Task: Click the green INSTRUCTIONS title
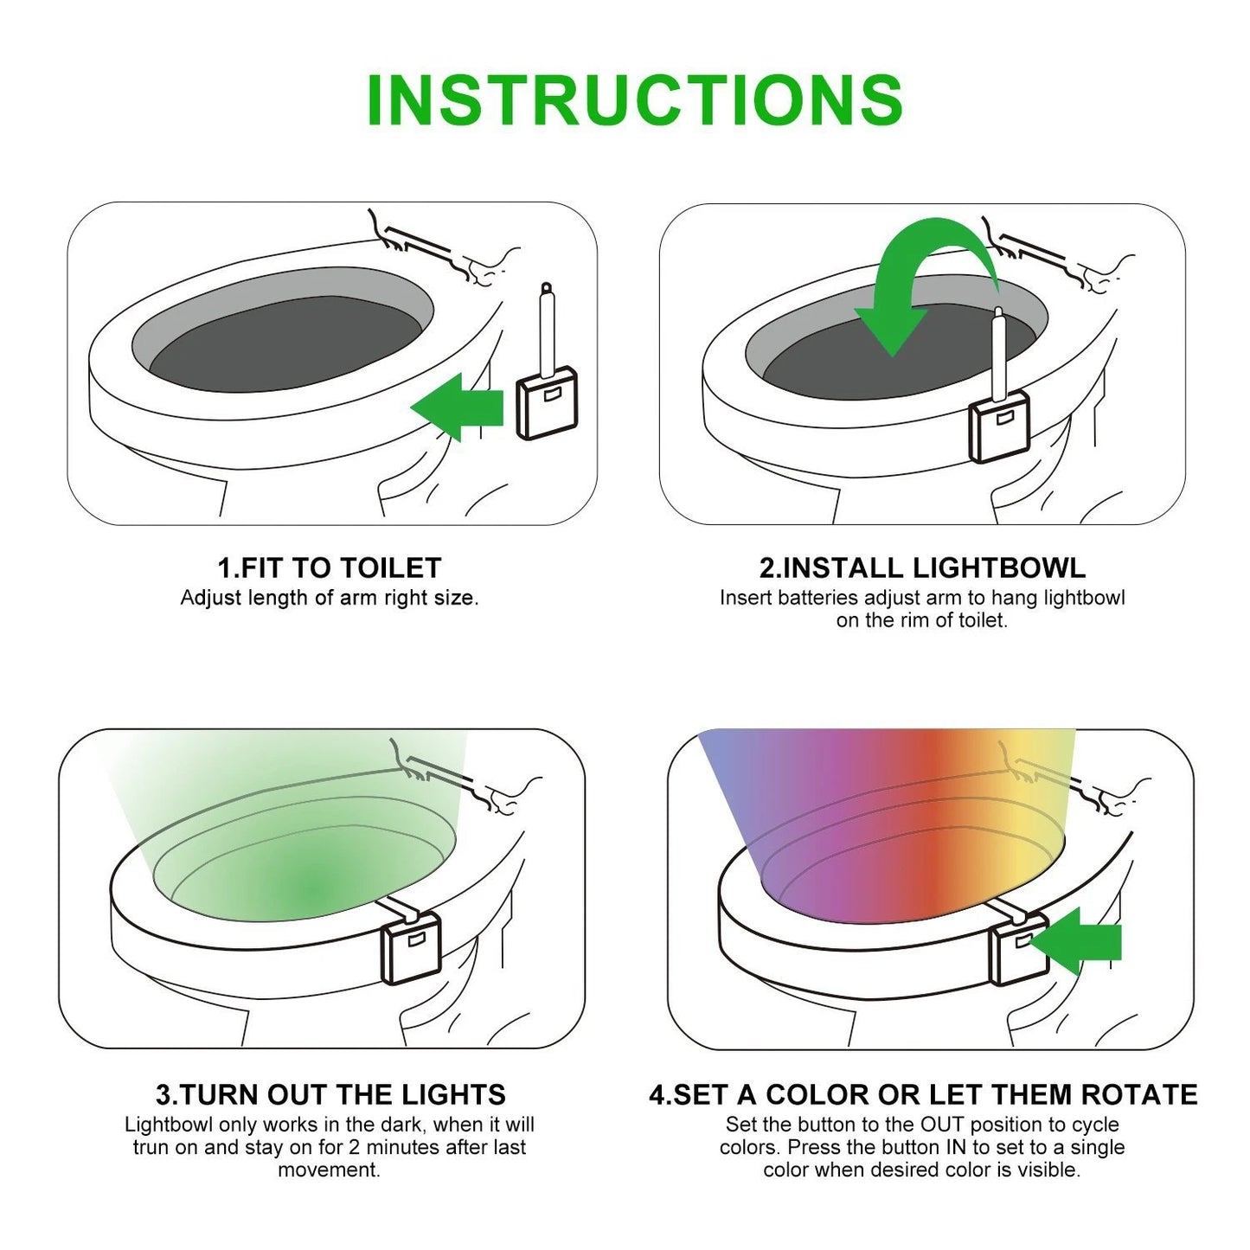pyautogui.click(x=634, y=100)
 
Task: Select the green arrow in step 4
pyautogui.click(x=1081, y=942)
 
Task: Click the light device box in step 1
pyautogui.click(x=547, y=402)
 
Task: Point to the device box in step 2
pyautogui.click(x=1000, y=426)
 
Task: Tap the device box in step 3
pyautogui.click(x=412, y=949)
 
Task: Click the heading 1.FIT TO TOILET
pyautogui.click(x=329, y=568)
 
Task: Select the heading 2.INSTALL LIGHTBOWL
pyautogui.click(x=922, y=568)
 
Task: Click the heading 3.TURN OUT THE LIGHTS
pyautogui.click(x=330, y=1094)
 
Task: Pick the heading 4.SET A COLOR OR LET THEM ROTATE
pyautogui.click(x=923, y=1094)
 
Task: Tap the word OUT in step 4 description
pyautogui.click(x=941, y=1125)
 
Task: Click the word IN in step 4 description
pyautogui.click(x=957, y=1148)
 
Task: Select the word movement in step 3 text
pyautogui.click(x=329, y=1170)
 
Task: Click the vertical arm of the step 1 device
pyautogui.click(x=547, y=333)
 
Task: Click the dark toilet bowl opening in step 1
pyautogui.click(x=285, y=342)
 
